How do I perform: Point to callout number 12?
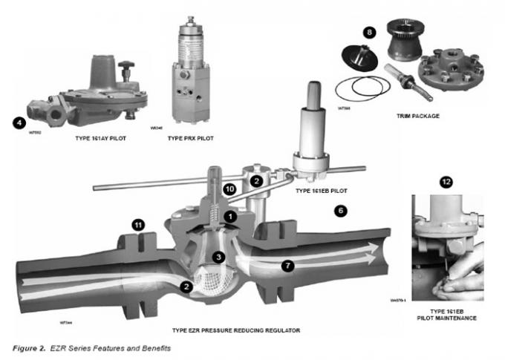pyautogui.click(x=446, y=182)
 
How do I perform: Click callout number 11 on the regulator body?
pyautogui.click(x=138, y=224)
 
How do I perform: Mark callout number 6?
pyautogui.click(x=341, y=210)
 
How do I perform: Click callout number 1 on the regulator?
pyautogui.click(x=232, y=216)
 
